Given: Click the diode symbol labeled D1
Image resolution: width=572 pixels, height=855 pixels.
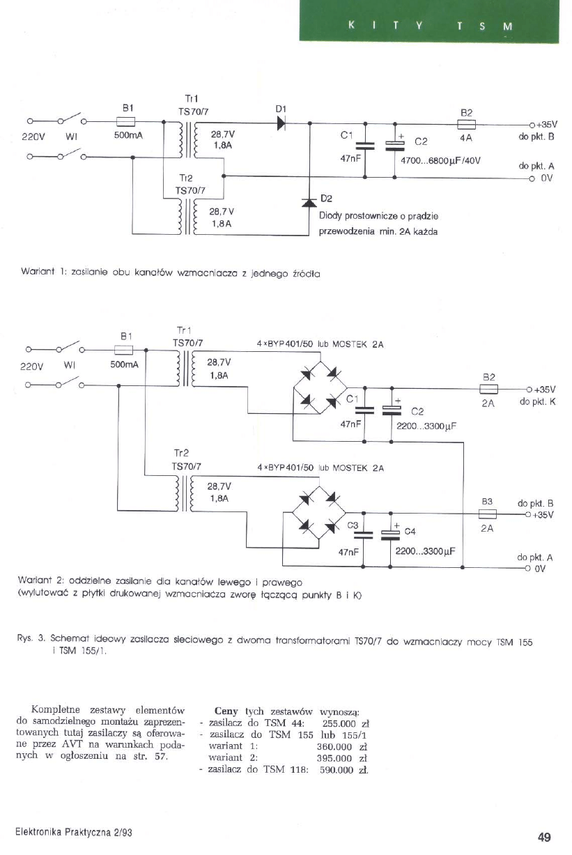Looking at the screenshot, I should (281, 121).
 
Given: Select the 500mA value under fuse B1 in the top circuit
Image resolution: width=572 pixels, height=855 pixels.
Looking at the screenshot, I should (128, 135).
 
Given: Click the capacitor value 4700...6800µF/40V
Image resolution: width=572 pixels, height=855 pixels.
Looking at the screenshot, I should (442, 160).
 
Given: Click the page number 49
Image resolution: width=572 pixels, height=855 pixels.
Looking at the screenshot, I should (544, 837).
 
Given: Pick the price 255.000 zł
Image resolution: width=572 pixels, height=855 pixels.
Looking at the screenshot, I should (344, 723).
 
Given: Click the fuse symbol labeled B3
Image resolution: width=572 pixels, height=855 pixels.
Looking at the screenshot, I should (487, 515).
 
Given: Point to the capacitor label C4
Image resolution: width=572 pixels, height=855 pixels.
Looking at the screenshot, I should (410, 531).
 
